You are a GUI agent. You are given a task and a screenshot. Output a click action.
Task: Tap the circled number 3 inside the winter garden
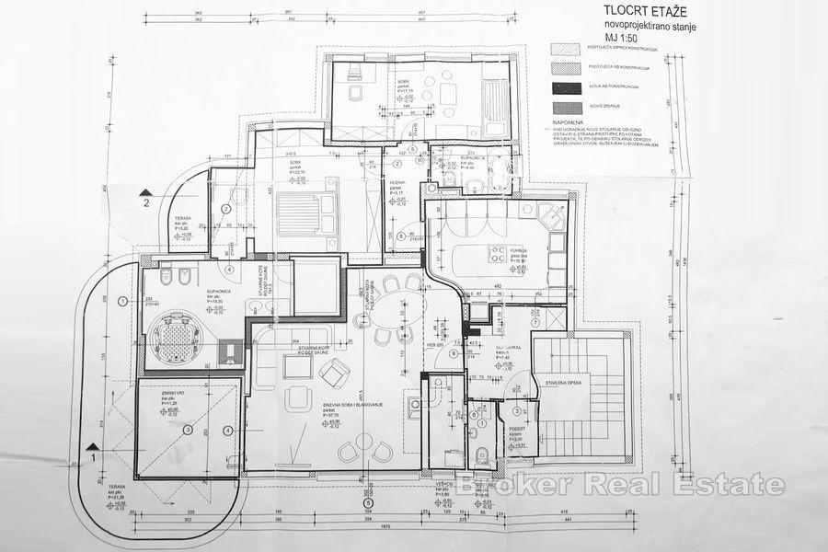coord(187,429)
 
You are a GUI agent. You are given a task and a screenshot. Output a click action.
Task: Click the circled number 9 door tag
coord(454,354)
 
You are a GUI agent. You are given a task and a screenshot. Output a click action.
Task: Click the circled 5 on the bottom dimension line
coord(368,502)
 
